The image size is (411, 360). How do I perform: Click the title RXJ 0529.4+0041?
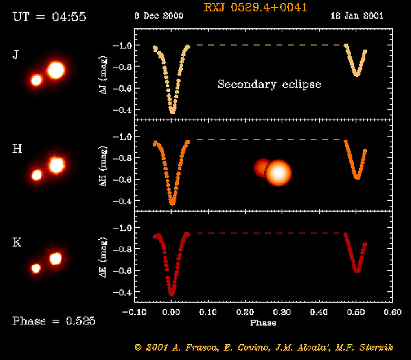coord(255,7)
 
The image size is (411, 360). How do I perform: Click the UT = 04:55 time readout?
coord(49,17)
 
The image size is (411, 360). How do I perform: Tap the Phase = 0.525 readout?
coord(54,321)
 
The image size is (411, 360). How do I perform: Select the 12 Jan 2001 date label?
coord(357,15)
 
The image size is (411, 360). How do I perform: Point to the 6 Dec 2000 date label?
coord(159,15)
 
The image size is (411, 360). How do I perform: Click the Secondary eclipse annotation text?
coord(269,84)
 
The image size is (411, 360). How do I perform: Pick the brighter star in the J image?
coord(56,70)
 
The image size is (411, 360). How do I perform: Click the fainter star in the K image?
coord(36,268)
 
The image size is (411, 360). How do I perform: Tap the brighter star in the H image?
coord(57,165)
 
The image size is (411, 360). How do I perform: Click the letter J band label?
coord(15,55)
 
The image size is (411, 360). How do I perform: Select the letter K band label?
coord(17,242)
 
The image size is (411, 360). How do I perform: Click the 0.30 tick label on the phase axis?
coord(282,312)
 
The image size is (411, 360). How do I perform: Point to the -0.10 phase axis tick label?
coord(135,312)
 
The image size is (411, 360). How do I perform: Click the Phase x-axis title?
coord(263,323)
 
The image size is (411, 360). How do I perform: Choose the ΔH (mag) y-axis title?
coord(103,167)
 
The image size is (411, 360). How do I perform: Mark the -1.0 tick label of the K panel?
coord(122,228)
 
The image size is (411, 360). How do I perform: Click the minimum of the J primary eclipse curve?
coord(172,112)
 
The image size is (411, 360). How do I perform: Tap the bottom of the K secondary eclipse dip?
coord(357,271)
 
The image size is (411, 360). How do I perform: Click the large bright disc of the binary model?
coord(278,173)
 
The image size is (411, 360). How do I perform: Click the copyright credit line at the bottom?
coord(264,347)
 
